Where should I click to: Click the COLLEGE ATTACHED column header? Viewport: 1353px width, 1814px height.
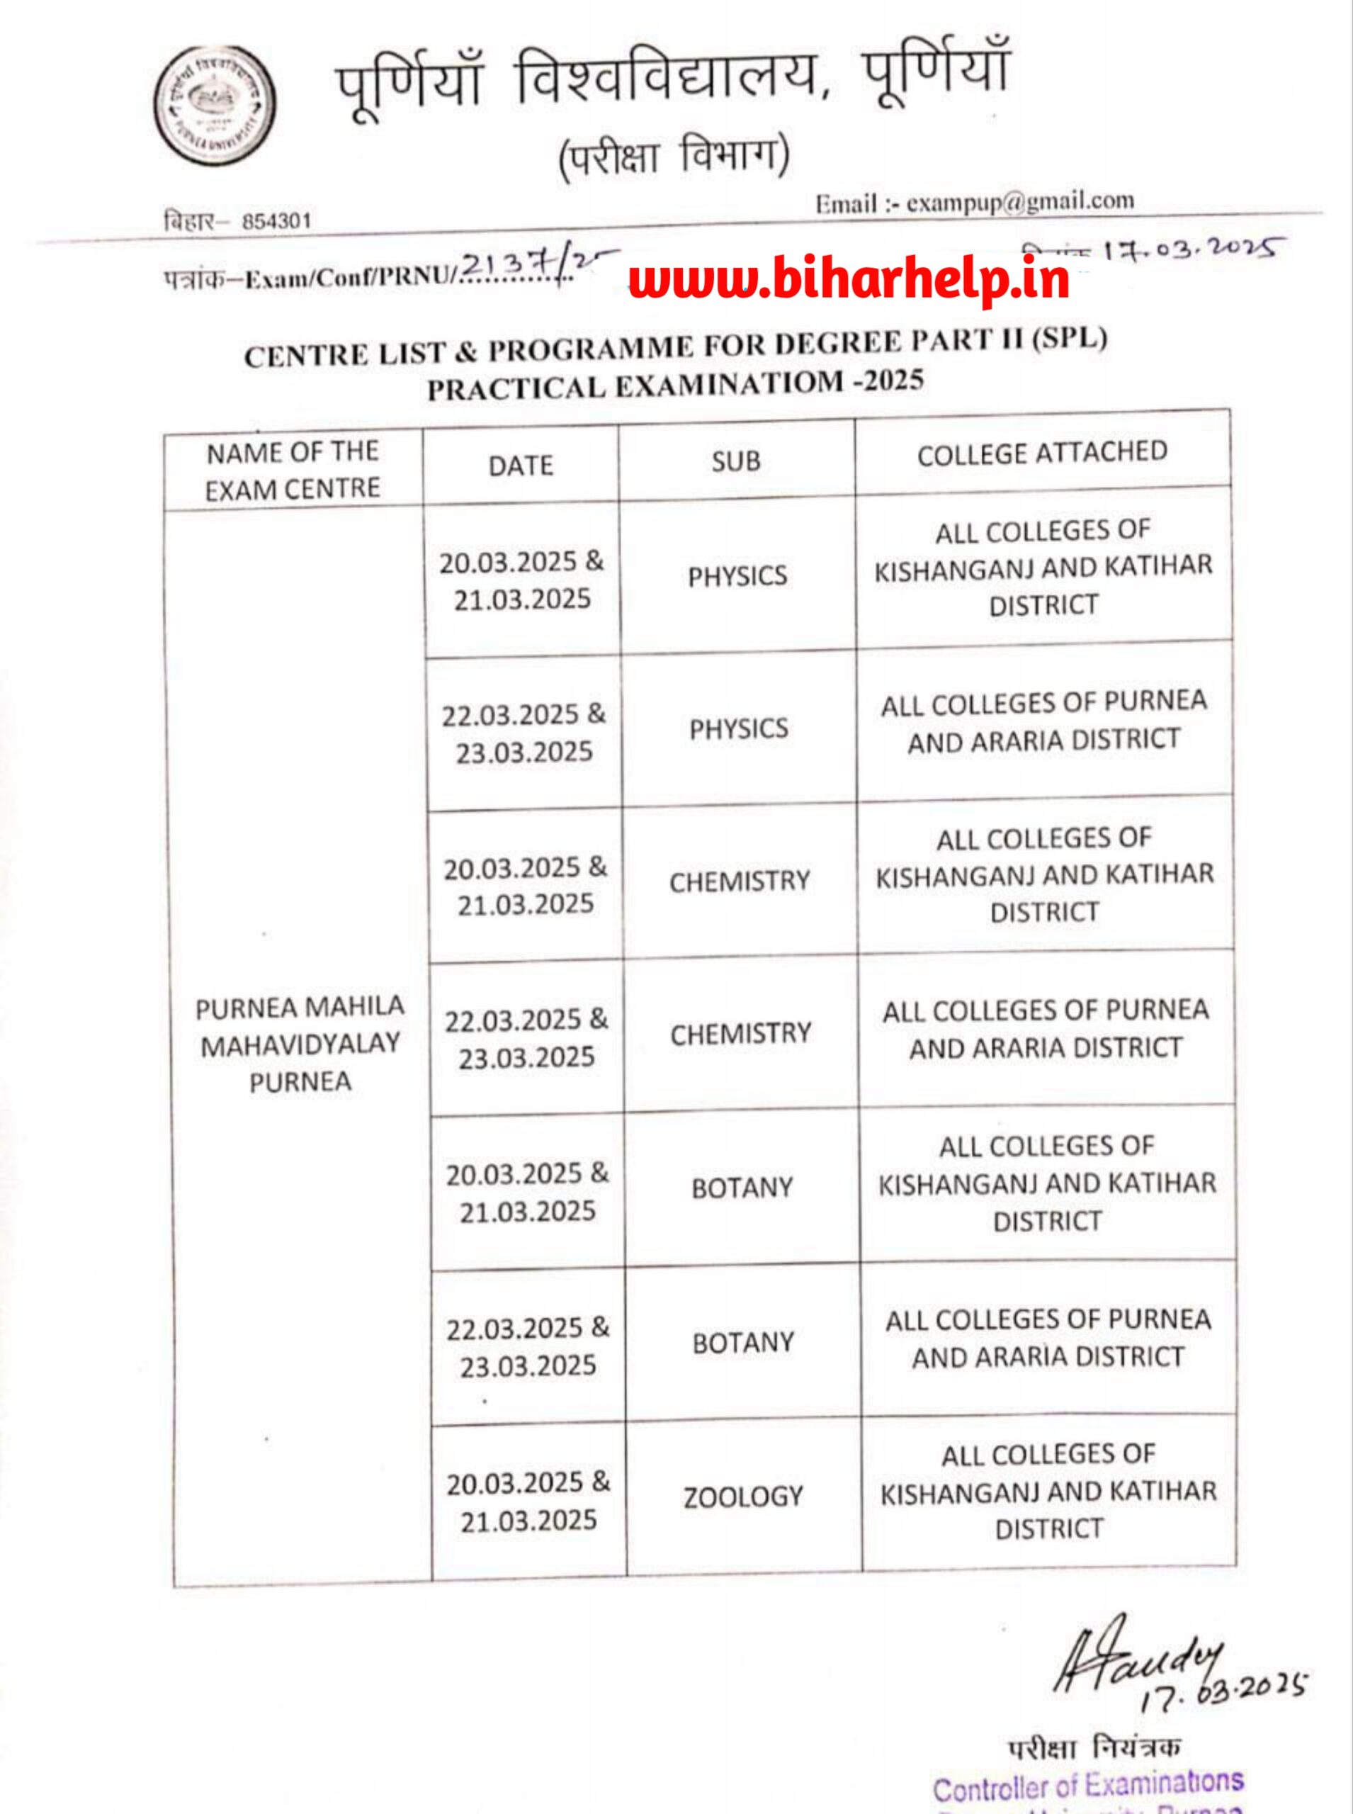click(x=1042, y=453)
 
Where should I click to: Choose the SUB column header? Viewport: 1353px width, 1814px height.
click(x=735, y=461)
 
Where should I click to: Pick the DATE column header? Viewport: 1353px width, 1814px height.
click(x=521, y=466)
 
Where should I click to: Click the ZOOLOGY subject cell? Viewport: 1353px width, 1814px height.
click(x=744, y=1497)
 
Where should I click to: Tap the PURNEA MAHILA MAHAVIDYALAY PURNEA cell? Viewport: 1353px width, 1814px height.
click(x=300, y=1043)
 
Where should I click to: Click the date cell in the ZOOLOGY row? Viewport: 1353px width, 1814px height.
click(x=528, y=1501)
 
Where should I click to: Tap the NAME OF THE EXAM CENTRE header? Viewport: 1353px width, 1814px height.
click(x=293, y=471)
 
